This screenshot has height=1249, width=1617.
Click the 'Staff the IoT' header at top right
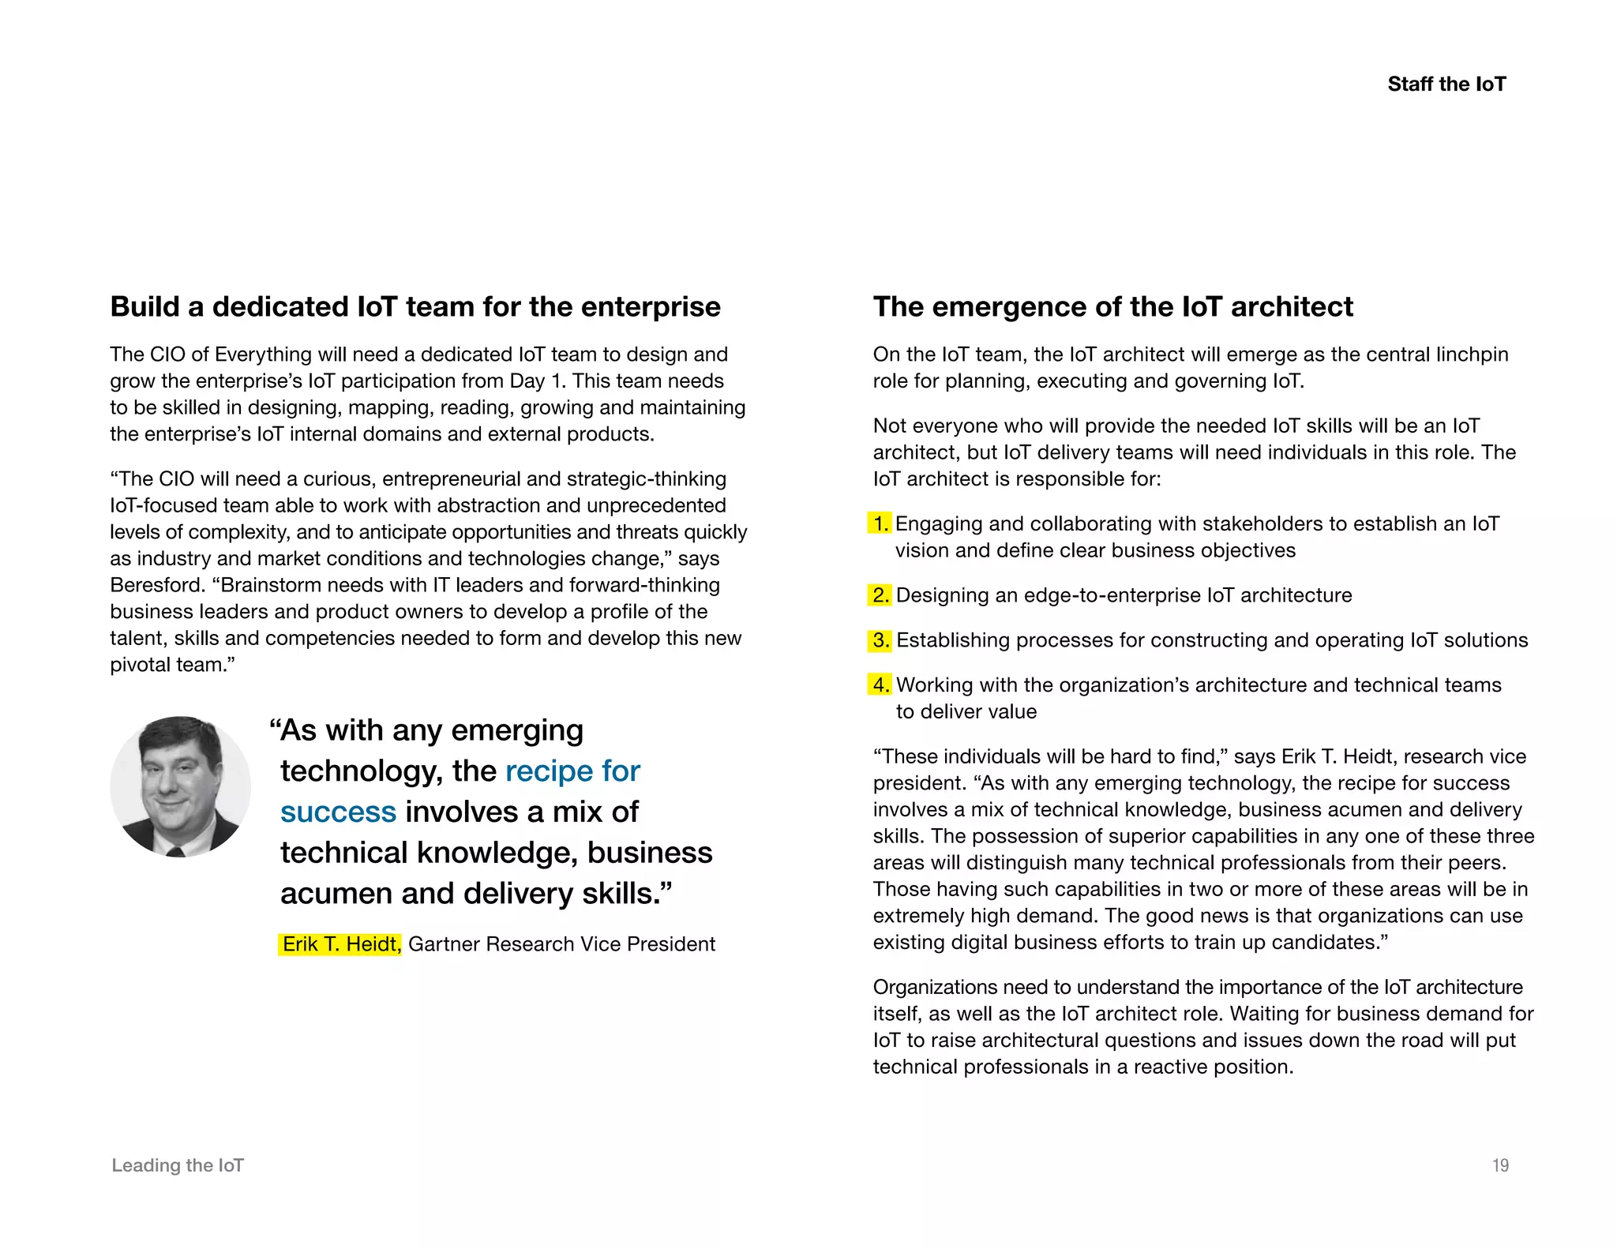point(1446,84)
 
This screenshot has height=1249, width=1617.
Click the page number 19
point(1500,1165)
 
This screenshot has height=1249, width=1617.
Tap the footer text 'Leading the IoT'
point(178,1165)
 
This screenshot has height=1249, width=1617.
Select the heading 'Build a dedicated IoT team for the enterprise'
point(415,306)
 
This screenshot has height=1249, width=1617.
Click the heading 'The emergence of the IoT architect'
point(1112,306)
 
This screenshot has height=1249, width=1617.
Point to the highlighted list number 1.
point(880,523)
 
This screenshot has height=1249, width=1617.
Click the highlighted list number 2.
point(880,595)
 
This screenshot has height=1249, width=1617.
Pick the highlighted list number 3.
point(880,640)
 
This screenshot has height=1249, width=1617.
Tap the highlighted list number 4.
point(880,685)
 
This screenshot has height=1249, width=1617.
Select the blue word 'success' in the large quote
point(338,812)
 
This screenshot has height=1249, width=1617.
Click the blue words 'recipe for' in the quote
point(572,771)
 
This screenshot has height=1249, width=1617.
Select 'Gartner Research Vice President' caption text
point(561,944)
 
